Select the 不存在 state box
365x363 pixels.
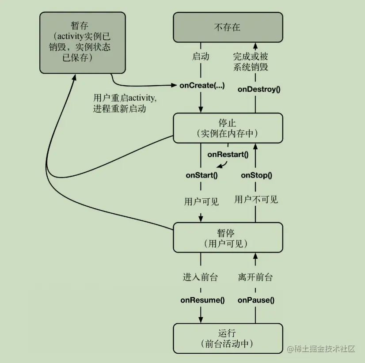click(x=228, y=27)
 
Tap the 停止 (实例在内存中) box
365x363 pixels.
click(x=228, y=128)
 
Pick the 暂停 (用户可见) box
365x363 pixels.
click(x=228, y=238)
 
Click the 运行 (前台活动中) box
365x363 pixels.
click(x=228, y=338)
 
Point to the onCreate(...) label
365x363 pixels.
click(x=202, y=85)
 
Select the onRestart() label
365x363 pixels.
click(x=228, y=155)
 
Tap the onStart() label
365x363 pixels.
click(x=202, y=175)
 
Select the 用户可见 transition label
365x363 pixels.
click(x=202, y=201)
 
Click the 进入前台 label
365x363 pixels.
click(x=200, y=277)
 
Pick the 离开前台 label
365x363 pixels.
click(x=255, y=277)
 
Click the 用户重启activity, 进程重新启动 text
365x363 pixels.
click(x=125, y=103)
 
